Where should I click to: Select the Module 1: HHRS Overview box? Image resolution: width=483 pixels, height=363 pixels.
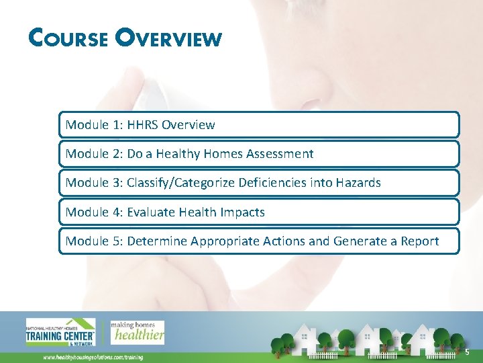point(259,125)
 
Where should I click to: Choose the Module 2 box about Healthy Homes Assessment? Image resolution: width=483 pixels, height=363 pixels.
point(259,154)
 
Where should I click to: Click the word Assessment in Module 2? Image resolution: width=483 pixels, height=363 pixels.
point(280,154)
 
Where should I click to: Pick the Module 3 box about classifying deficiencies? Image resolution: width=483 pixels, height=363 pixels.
point(259,183)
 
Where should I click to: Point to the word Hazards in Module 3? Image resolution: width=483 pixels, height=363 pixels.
point(357,183)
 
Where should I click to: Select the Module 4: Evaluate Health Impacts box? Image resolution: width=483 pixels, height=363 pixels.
point(259,212)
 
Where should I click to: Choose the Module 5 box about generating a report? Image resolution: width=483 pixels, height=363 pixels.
point(259,241)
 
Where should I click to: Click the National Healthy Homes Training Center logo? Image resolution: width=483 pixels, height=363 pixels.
point(61,331)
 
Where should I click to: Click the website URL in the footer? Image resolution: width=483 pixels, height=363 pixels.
point(93,357)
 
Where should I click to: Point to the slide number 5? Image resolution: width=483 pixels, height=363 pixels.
point(466,353)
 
